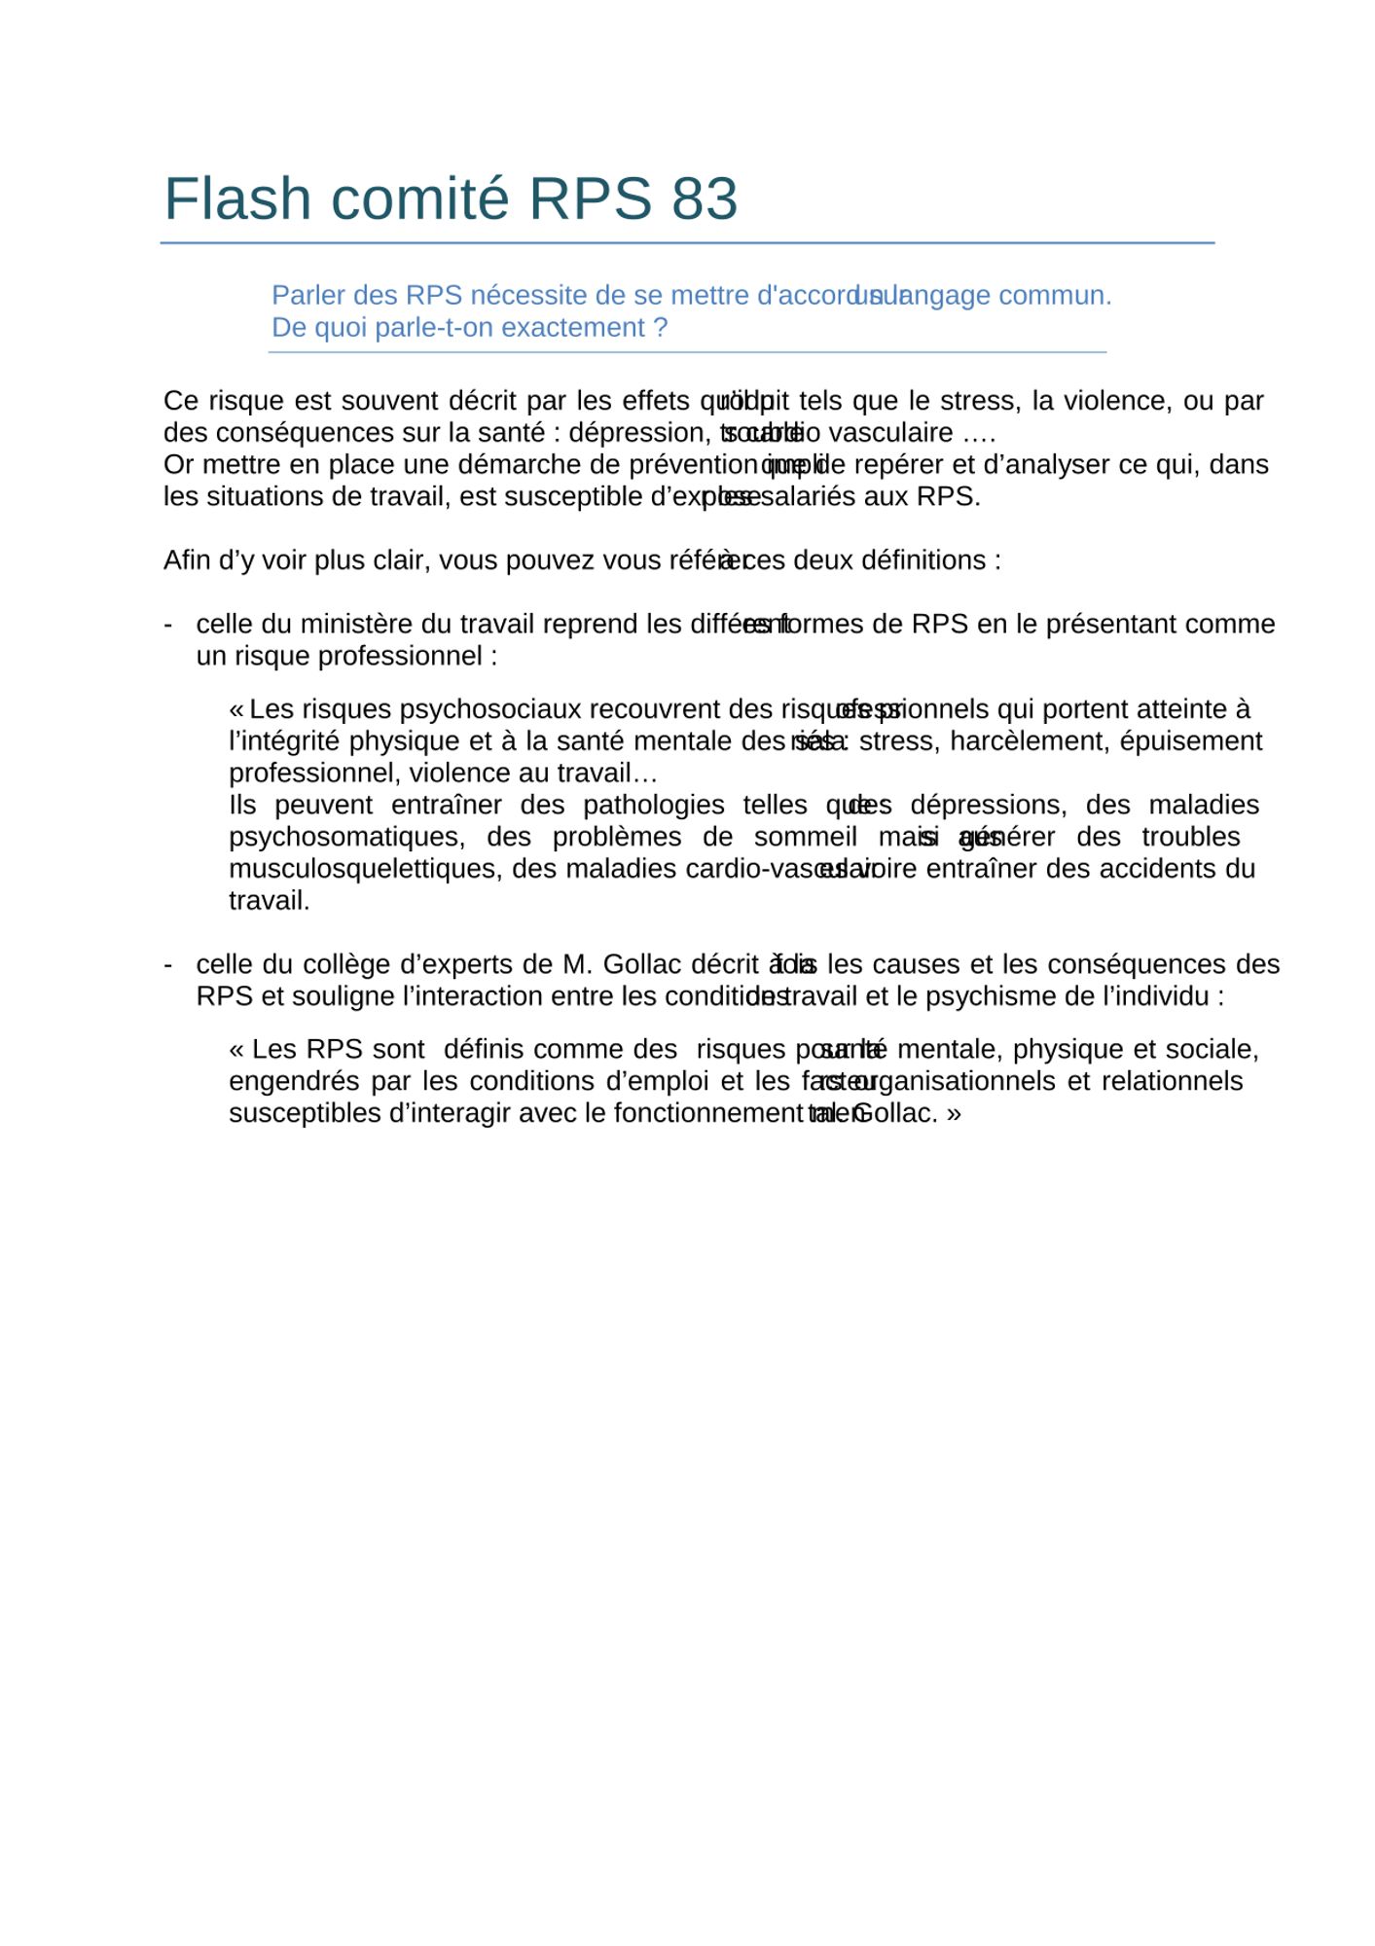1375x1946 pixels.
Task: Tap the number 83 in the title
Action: coord(704,198)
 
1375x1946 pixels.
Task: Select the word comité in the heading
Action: coord(419,198)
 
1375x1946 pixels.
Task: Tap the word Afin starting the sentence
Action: coord(187,560)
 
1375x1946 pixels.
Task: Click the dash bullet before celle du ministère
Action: coord(168,624)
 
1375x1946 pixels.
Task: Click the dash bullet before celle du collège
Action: coord(168,964)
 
